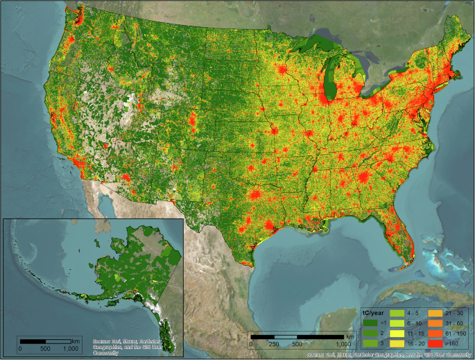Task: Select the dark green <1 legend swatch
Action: (x=370, y=323)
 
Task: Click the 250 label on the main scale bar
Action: (x=274, y=344)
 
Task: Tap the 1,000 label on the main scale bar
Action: (x=343, y=344)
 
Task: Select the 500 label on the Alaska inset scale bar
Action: (x=46, y=348)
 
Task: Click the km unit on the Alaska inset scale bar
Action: (x=76, y=340)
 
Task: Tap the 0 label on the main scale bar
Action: (x=251, y=344)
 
